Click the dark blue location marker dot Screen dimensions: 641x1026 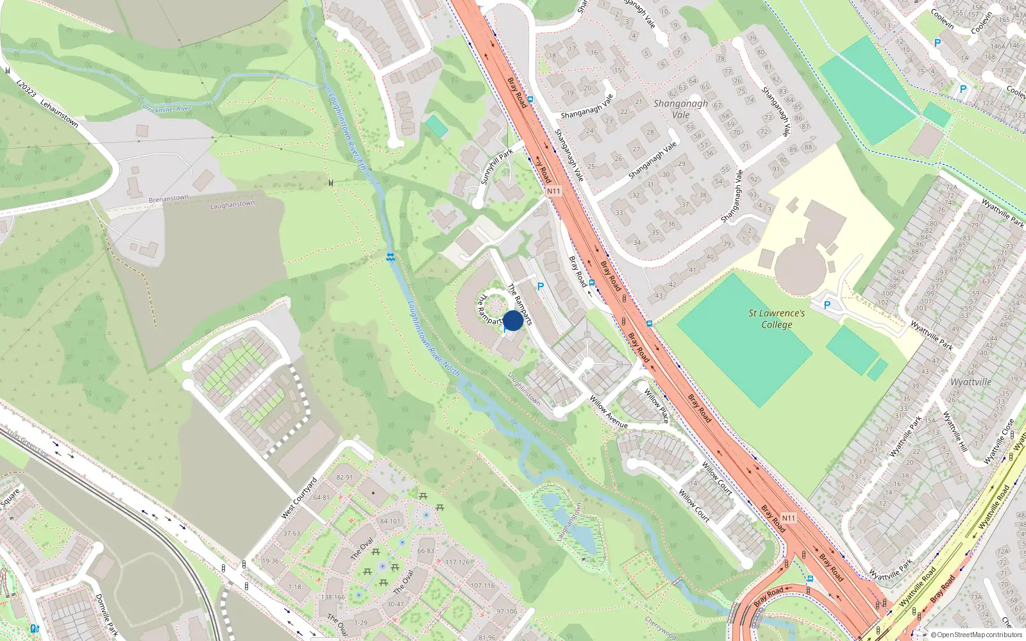click(x=513, y=320)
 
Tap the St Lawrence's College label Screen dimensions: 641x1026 click(x=777, y=319)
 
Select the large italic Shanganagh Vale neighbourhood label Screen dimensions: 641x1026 click(x=681, y=109)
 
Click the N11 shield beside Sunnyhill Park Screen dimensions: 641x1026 click(x=553, y=191)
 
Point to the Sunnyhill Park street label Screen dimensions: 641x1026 click(x=497, y=167)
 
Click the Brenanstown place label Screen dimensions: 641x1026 click(x=169, y=199)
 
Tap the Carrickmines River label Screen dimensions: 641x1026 click(x=165, y=108)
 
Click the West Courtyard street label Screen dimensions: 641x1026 click(x=299, y=498)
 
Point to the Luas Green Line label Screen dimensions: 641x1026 click(x=26, y=442)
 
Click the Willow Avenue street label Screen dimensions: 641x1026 click(x=609, y=412)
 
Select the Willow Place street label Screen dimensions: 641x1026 click(x=657, y=406)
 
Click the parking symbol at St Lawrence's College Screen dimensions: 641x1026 click(x=827, y=305)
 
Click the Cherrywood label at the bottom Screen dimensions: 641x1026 click(x=660, y=629)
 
